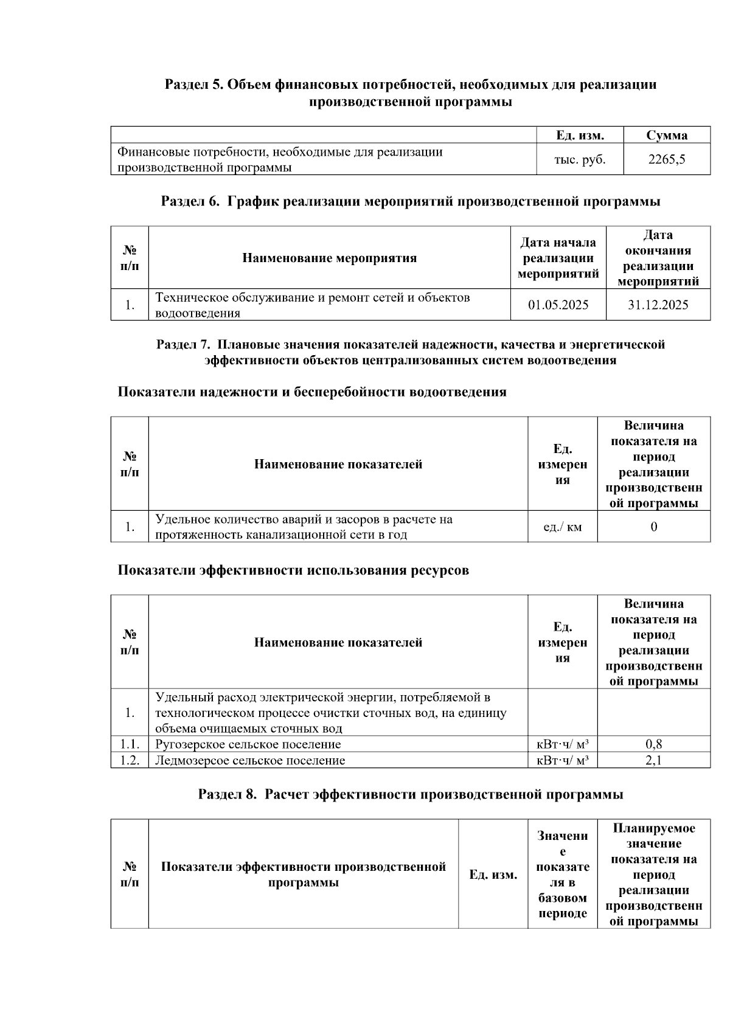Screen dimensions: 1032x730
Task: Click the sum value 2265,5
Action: coord(666,159)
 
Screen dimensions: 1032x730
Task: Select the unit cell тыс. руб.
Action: coord(579,159)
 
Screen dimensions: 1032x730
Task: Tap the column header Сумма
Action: coord(666,135)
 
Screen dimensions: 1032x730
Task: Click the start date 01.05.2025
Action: coord(558,305)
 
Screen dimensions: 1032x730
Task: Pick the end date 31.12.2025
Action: coord(658,305)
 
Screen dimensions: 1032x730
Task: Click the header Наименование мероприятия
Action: coord(329,258)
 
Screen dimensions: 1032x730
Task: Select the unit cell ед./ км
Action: coord(562,527)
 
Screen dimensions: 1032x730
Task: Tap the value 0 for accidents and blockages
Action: coord(653,527)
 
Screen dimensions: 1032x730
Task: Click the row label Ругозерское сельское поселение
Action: coord(248,744)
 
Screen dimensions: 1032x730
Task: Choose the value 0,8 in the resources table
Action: coord(653,744)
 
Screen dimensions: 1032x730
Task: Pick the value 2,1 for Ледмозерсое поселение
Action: coord(653,760)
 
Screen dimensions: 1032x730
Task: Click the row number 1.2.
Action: coord(130,760)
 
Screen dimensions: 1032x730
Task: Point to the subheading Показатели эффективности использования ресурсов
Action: coord(293,570)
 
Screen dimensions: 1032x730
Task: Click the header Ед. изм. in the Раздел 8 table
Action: coord(493,874)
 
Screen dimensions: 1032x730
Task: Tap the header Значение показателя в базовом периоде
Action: coord(562,874)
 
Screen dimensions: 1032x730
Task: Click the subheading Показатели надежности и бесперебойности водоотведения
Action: coord(311,392)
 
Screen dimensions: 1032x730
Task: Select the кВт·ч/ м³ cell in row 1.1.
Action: coord(562,744)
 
